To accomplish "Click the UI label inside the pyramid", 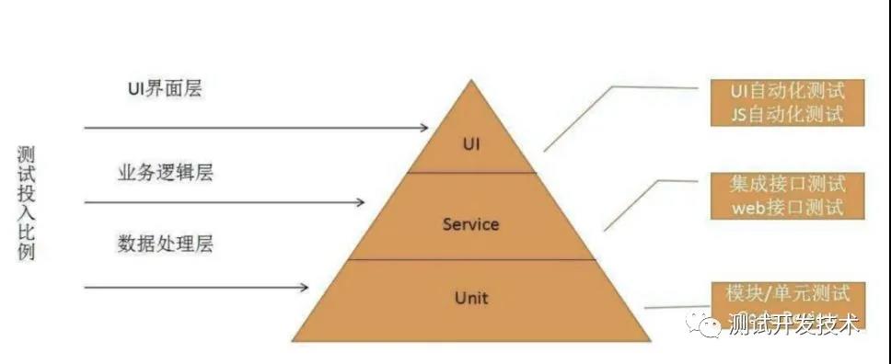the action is click(470, 144).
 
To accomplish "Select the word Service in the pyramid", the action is click(470, 224).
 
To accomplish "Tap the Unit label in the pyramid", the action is click(471, 297).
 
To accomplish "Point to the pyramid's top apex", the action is click(471, 80).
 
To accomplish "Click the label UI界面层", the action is click(165, 89).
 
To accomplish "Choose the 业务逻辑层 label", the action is click(166, 173).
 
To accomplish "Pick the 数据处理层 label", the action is click(166, 244).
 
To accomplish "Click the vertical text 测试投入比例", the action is click(26, 203).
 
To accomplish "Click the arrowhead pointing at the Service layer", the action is click(360, 201).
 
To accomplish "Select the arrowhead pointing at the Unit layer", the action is click(304, 288).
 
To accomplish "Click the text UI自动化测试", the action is click(787, 91).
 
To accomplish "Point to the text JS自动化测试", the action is click(788, 114).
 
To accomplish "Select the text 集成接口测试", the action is click(787, 184).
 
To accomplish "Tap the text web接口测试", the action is click(787, 207).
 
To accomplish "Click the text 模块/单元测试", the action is click(788, 293).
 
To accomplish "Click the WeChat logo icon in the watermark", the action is click(703, 323).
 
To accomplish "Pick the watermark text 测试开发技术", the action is click(793, 324).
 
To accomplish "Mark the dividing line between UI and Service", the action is click(471, 172).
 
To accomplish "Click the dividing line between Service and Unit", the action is click(471, 259).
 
